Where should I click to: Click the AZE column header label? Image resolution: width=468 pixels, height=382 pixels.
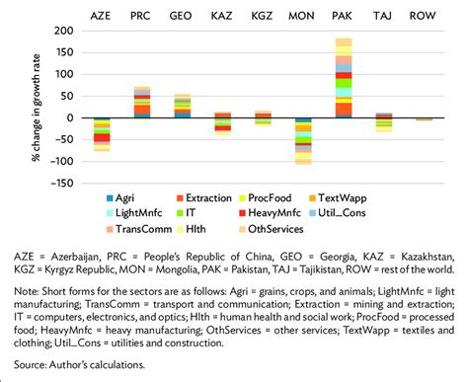coord(102,16)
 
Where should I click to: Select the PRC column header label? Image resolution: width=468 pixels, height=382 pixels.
coord(142,16)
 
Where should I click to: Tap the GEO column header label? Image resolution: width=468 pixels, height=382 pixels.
coord(182,16)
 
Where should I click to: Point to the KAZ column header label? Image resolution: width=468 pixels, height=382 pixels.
coord(222,16)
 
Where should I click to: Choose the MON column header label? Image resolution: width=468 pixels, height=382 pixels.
coord(302,16)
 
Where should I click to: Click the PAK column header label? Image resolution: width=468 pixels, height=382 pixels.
coord(343,16)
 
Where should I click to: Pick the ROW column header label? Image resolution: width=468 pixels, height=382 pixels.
coord(424,16)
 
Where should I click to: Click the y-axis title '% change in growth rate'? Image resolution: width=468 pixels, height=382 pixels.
coord(37,107)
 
